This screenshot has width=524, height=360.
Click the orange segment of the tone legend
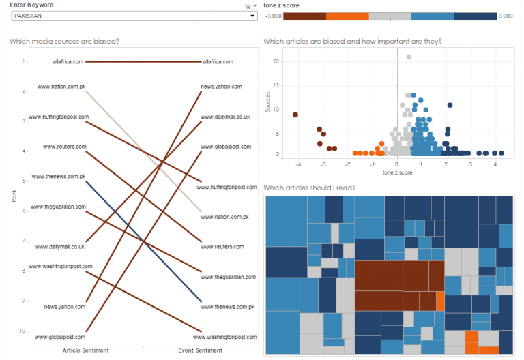tap(348, 16)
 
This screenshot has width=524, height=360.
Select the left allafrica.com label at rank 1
tap(68, 62)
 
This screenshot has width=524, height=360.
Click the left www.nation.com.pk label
tap(61, 87)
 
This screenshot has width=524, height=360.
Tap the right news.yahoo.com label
tap(221, 87)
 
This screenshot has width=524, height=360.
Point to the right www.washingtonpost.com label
tap(228, 337)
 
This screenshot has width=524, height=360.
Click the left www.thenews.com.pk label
tap(57, 176)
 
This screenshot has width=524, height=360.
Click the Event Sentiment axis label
tap(201, 350)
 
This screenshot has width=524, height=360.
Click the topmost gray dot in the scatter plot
tap(409, 57)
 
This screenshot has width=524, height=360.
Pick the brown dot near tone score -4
tap(295, 115)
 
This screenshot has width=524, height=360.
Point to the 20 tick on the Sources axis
tap(276, 61)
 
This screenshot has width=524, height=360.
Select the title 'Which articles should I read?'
tap(309, 187)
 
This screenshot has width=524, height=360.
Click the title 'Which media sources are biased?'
tap(65, 42)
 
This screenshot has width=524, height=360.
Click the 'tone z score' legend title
tap(281, 5)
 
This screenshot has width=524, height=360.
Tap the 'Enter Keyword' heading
tap(31, 5)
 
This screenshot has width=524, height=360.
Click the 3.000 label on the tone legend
tap(506, 16)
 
